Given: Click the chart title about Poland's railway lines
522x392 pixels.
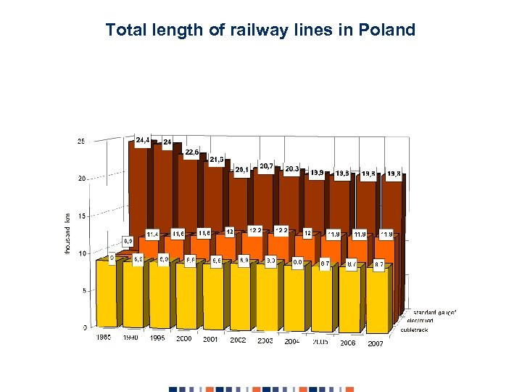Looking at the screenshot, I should click(x=260, y=30).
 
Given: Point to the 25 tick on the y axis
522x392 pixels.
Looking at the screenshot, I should click(x=80, y=141).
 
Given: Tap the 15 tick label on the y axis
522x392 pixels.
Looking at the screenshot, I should click(x=80, y=216).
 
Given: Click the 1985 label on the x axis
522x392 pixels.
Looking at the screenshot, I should click(x=104, y=337).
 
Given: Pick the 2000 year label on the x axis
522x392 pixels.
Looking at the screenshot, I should click(x=184, y=339).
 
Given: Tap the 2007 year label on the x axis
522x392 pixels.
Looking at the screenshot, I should click(x=375, y=343).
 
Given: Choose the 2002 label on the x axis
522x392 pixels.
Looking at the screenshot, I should click(x=238, y=340).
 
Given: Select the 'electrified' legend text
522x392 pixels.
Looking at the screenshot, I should click(x=420, y=320).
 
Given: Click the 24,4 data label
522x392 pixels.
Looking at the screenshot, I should click(x=143, y=139).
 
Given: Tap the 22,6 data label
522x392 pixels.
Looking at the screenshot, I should click(x=191, y=152).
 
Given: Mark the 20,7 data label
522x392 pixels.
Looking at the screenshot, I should click(x=266, y=166).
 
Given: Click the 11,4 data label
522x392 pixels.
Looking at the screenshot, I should click(x=153, y=234).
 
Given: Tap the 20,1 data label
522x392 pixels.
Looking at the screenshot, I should click(x=241, y=169).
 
